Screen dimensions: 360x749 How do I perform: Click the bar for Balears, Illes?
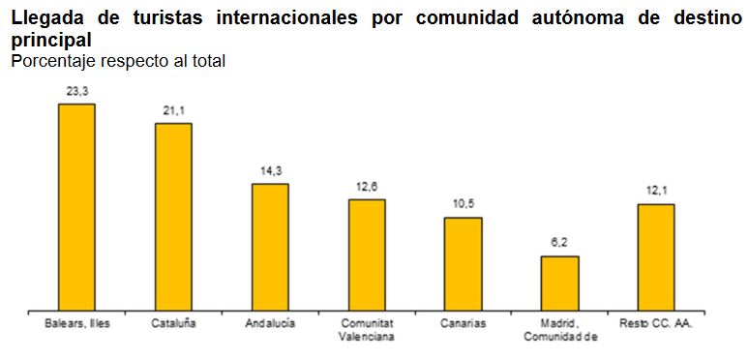(76, 207)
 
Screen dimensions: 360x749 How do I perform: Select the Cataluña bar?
(173, 217)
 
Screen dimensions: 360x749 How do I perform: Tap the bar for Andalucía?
(270, 247)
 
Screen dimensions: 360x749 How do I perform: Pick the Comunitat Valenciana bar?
(367, 255)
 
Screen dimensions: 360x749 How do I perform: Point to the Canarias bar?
(463, 264)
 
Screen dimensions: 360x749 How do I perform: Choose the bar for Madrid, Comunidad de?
(559, 284)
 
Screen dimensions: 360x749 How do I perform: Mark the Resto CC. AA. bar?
(656, 257)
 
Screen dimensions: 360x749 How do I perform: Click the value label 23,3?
(77, 91)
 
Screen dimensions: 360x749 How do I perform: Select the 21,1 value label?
(174, 110)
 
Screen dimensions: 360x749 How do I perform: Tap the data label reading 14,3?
(271, 170)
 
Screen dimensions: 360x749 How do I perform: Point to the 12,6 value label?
(368, 187)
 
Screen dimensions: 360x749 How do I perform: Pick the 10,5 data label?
(464, 205)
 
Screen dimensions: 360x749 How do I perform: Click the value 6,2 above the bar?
(560, 244)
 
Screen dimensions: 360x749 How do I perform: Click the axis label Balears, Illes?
(77, 323)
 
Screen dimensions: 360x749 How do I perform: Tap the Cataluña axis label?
(174, 323)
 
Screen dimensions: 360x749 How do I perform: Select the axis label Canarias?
(463, 323)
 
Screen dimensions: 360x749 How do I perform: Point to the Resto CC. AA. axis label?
(656, 323)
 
